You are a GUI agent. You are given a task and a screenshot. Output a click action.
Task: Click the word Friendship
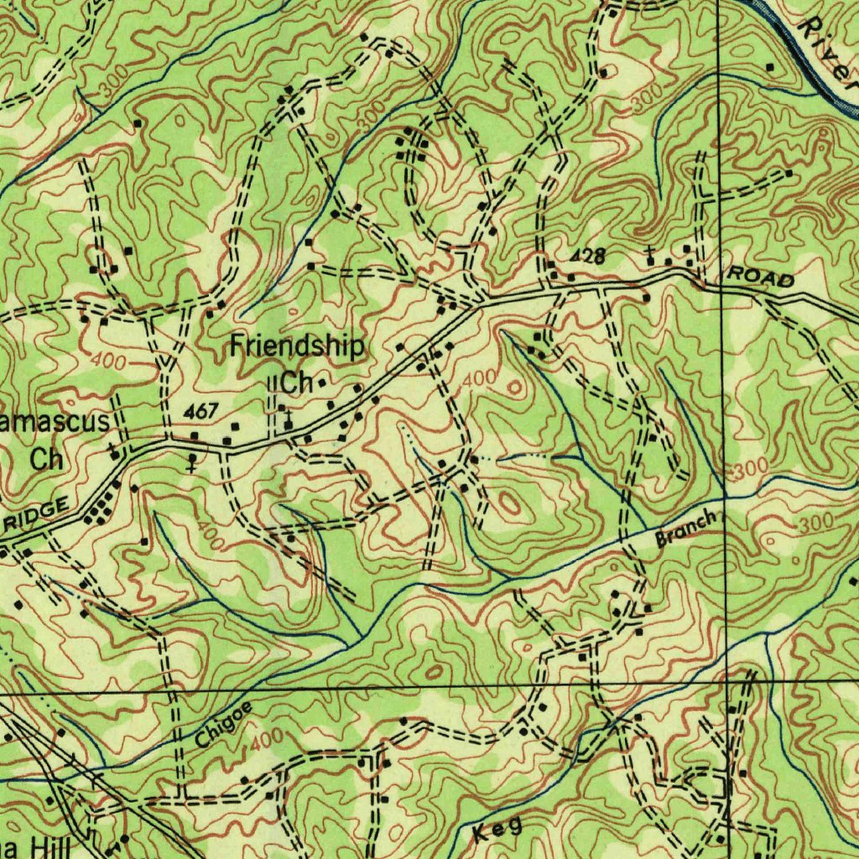298,346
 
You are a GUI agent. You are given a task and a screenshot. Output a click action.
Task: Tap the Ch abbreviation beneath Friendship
296,383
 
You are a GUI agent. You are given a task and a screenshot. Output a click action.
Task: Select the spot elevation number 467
201,411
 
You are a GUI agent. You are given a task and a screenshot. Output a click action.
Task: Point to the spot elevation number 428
588,257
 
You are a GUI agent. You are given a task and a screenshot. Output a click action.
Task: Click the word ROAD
760,277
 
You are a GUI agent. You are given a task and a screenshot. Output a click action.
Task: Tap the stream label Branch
686,529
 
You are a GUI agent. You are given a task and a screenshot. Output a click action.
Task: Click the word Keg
498,830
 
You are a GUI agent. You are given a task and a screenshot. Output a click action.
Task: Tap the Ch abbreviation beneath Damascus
47,459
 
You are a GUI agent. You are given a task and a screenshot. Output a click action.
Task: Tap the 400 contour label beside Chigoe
267,740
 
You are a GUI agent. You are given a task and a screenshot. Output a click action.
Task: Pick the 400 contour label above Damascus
110,362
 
